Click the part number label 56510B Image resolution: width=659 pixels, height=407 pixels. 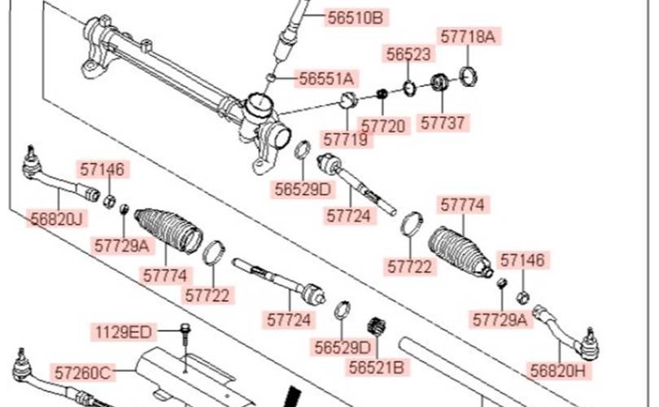[x=351, y=17]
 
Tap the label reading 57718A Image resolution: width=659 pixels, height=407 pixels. [x=467, y=36]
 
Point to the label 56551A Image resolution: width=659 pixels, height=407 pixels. [x=326, y=78]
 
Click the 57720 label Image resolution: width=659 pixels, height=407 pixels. [x=382, y=126]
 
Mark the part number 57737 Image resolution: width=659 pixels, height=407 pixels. [x=443, y=122]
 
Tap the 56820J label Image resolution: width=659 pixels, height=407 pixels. [x=57, y=218]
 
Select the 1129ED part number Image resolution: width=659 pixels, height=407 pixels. [x=122, y=331]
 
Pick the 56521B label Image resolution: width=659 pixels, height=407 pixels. [x=376, y=367]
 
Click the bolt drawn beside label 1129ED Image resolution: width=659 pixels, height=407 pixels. [x=185, y=331]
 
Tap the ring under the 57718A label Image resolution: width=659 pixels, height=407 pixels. [x=469, y=77]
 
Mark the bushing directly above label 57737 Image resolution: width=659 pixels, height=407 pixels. [x=439, y=83]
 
